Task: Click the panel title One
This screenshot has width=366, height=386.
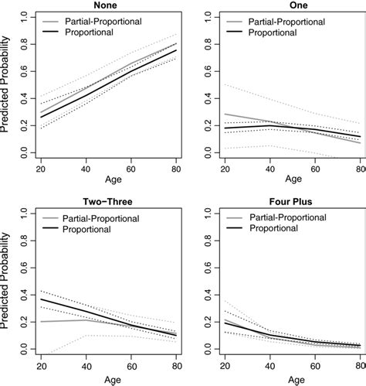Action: pyautogui.click(x=287, y=5)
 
